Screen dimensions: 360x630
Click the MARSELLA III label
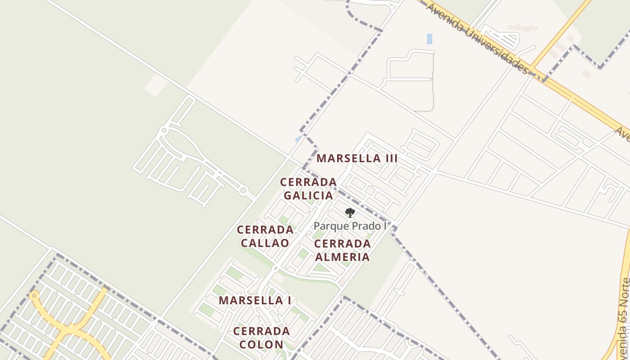coord(357,158)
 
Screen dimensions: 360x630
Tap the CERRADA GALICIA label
coord(308,189)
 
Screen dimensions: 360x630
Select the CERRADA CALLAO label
coord(265,236)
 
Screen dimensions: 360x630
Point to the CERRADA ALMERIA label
coord(342,250)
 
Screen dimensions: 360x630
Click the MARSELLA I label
coord(255,301)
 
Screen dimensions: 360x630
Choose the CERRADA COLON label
coord(261,338)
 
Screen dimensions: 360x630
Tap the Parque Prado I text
coord(350,226)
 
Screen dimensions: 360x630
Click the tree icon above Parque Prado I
coord(350,213)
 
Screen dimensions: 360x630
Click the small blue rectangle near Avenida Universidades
coord(429,39)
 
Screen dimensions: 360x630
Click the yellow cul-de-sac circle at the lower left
coord(34,296)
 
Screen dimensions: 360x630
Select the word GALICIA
coord(308,196)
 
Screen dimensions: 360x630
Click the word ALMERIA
coord(342,257)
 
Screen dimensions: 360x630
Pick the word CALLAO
coord(265,243)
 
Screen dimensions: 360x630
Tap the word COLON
coord(261,345)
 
